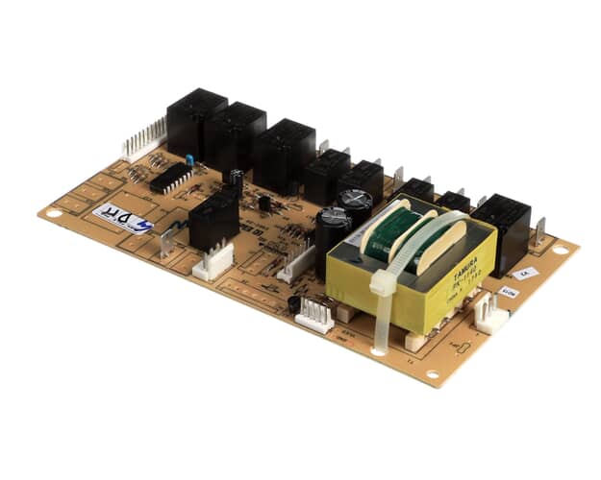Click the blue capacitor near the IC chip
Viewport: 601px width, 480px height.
click(190, 158)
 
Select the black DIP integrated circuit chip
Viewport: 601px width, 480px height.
click(170, 178)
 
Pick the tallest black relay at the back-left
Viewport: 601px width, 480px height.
click(196, 122)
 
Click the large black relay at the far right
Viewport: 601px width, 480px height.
click(501, 223)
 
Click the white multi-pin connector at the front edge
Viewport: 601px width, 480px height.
click(313, 314)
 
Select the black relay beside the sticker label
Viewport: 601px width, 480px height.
click(213, 222)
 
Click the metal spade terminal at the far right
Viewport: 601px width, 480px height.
click(542, 231)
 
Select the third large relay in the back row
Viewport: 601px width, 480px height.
click(284, 154)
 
